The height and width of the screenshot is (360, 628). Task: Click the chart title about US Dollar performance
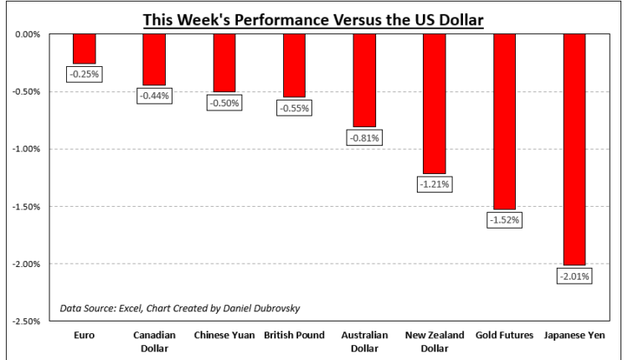coord(313,19)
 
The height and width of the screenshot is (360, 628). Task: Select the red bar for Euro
coord(84,49)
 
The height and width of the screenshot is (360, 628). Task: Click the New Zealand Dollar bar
coord(434,104)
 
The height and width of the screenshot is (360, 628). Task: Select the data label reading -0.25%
coord(84,74)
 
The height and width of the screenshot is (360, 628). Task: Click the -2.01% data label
coord(574,275)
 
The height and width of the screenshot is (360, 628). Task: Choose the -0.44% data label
coord(154,95)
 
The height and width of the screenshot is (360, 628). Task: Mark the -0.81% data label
coord(363,137)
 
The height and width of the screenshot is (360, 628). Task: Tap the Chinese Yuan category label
coord(224,336)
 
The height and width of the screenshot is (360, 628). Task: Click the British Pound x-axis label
coord(293,336)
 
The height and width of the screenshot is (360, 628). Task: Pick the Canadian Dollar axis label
coord(154,341)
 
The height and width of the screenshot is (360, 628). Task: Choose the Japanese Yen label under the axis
coord(574,336)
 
